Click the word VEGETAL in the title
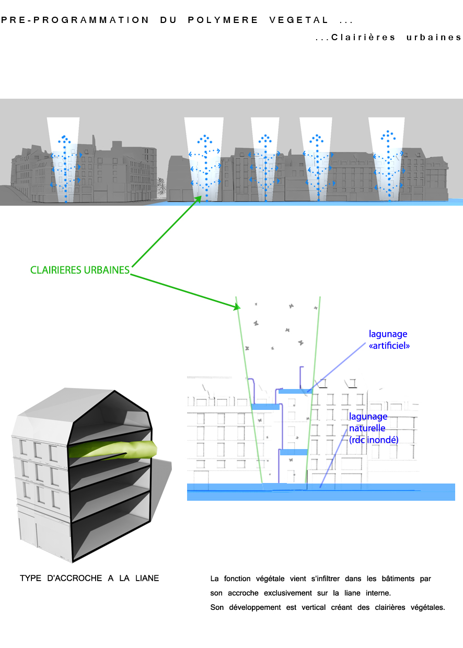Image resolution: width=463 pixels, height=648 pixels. (x=299, y=20)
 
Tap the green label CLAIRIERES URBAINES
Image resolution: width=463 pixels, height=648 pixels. (x=79, y=270)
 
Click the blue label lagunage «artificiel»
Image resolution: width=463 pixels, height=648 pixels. (x=388, y=339)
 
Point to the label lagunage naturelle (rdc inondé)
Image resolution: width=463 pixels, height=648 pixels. (x=374, y=428)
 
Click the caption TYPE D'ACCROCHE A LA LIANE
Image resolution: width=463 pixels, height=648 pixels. (x=89, y=579)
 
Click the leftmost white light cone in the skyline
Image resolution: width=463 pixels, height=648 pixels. (x=63, y=157)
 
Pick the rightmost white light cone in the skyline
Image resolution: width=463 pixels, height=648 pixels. (x=387, y=157)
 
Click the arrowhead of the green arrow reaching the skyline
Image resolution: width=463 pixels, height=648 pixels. (x=199, y=198)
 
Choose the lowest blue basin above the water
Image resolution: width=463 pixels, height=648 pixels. (x=294, y=452)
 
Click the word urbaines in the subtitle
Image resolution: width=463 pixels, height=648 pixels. (x=434, y=38)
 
